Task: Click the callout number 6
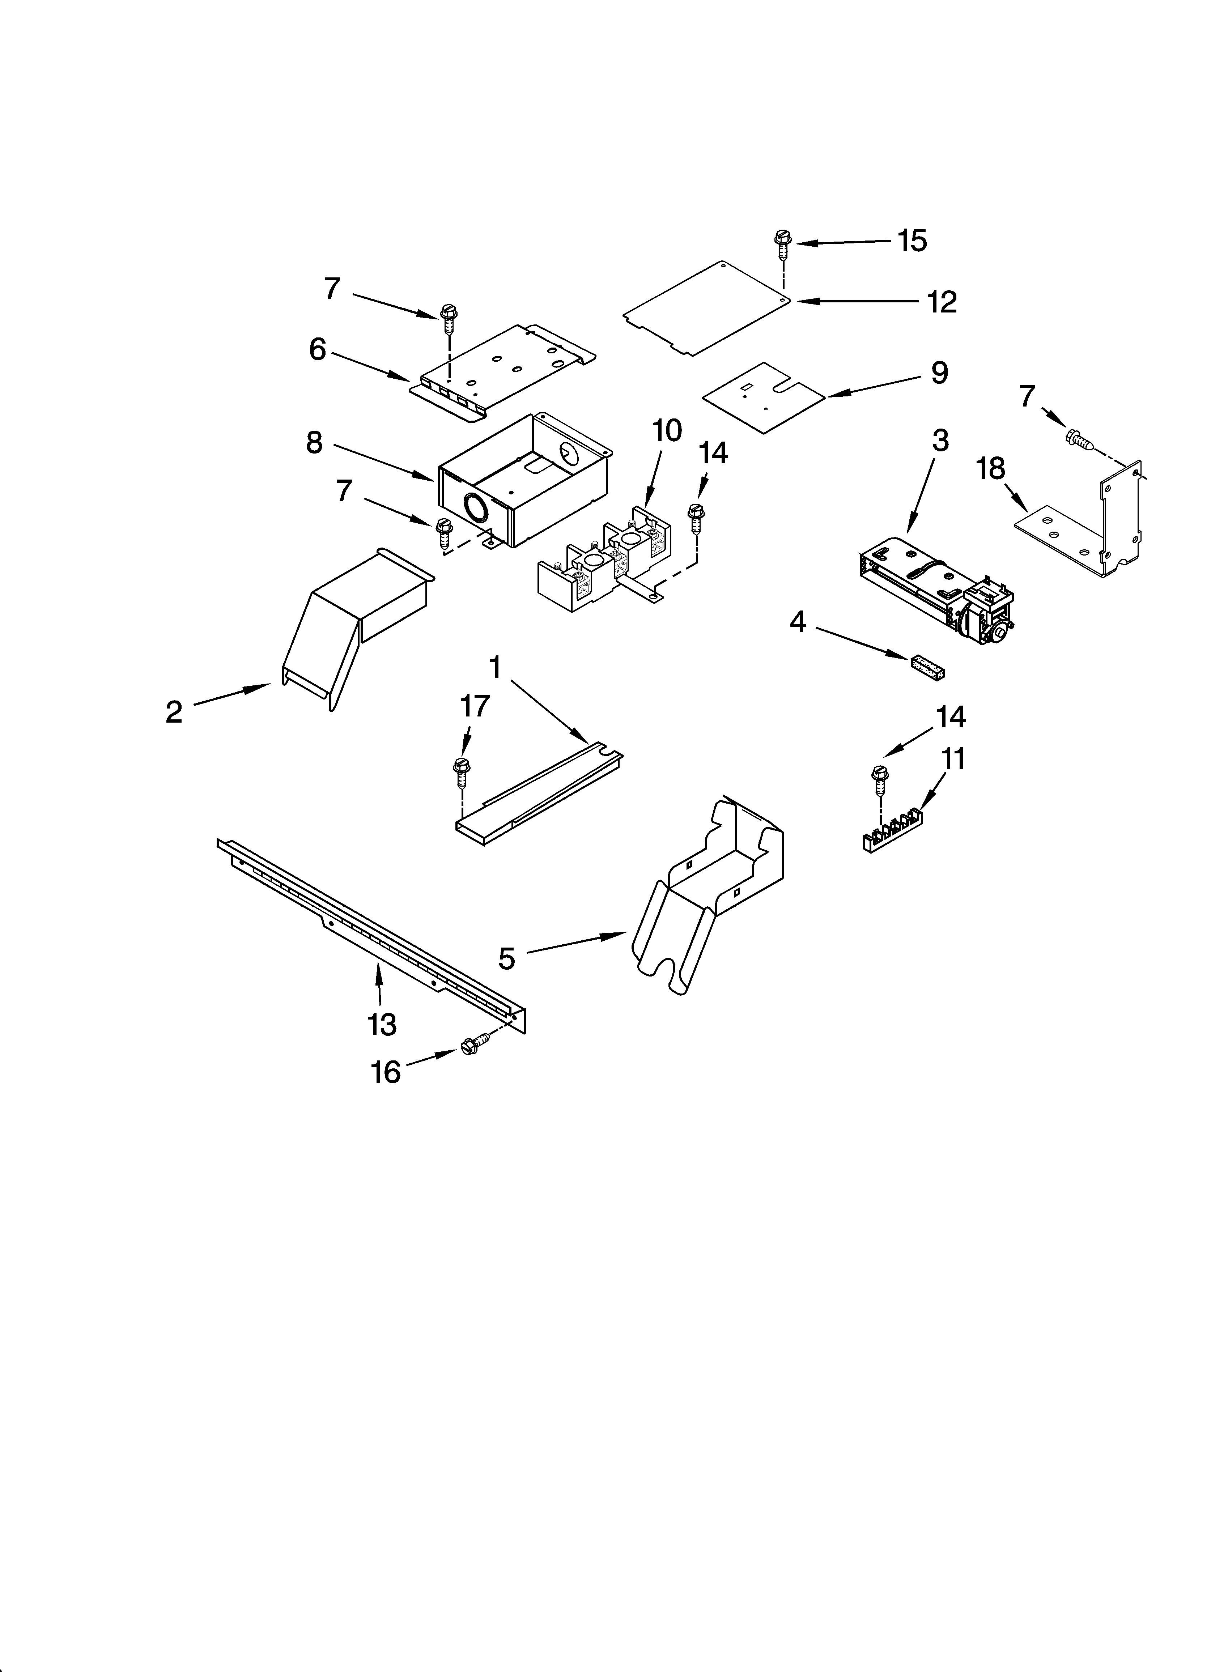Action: pos(317,349)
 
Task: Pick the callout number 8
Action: pos(314,442)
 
